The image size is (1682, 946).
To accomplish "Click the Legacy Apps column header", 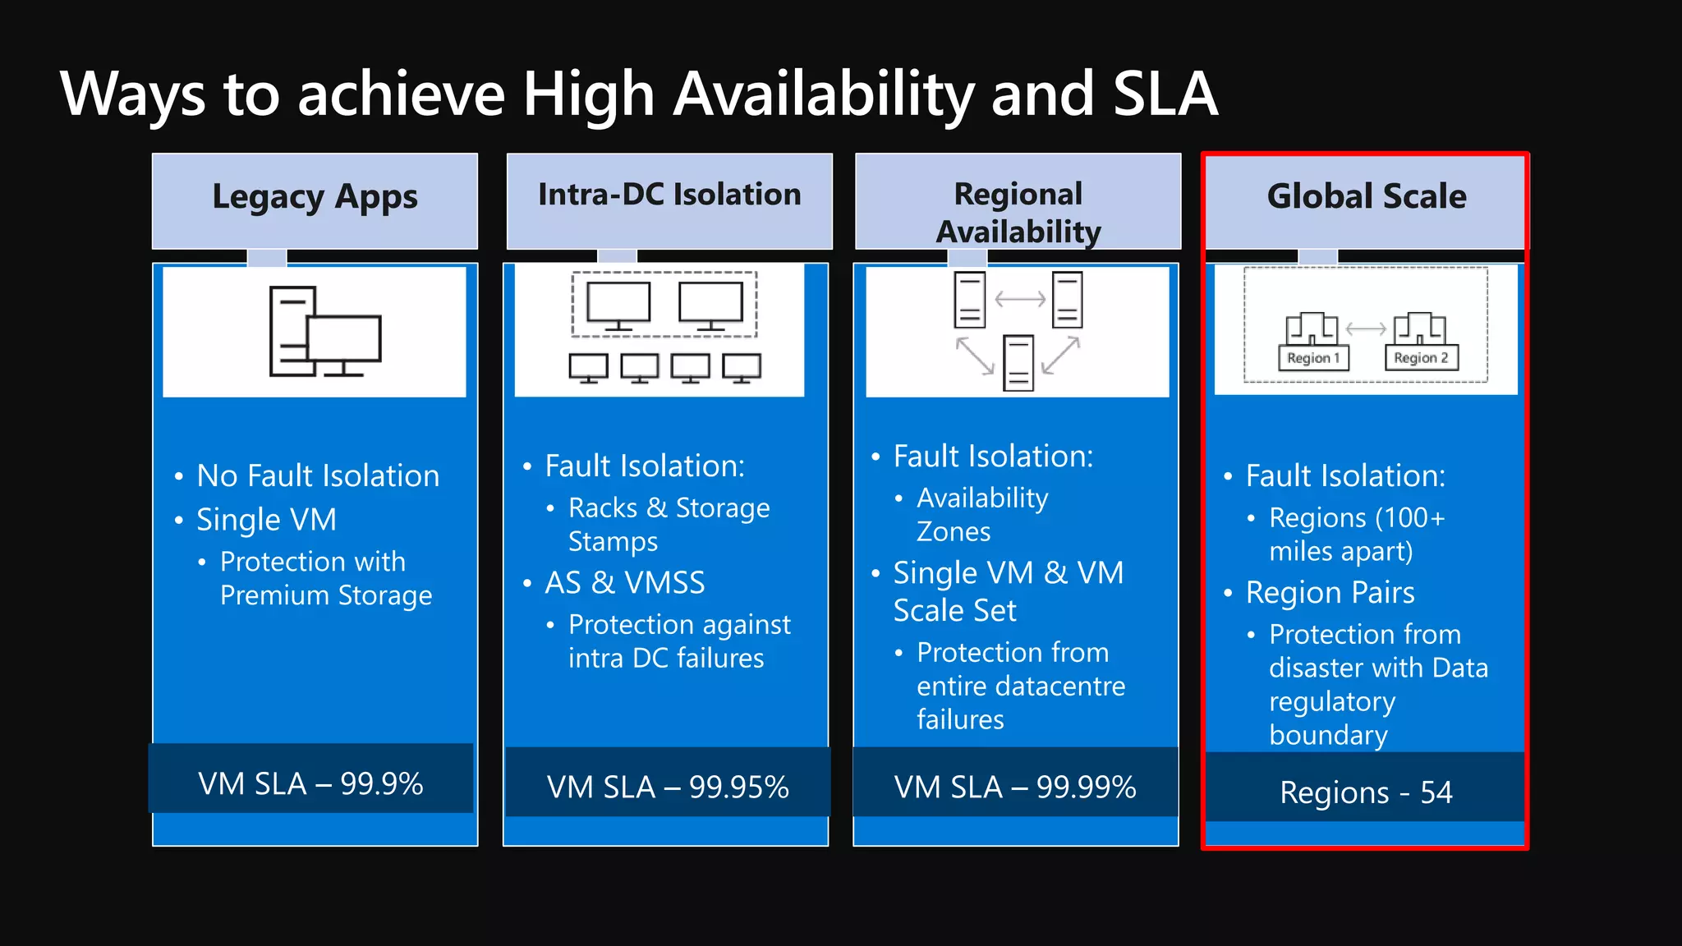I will pyautogui.click(x=315, y=198).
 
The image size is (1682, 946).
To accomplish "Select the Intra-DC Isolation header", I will pyautogui.click(x=669, y=195).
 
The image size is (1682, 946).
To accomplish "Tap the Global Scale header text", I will pyautogui.click(x=1367, y=197).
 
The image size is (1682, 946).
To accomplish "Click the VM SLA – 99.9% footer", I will pyautogui.click(x=310, y=783).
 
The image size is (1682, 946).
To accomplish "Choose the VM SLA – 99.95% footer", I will pyautogui.click(x=668, y=787).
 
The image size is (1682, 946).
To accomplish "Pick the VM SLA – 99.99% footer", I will pyautogui.click(x=1015, y=787).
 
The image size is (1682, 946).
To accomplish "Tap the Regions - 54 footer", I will pyautogui.click(x=1366, y=792).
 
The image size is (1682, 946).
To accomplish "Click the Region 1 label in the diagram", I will pyautogui.click(x=1313, y=358).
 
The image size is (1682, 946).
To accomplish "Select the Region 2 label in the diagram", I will pyautogui.click(x=1421, y=358).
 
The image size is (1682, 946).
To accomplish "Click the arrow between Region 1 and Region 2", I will pyautogui.click(x=1366, y=328).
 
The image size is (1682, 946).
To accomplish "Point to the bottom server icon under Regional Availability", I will pyautogui.click(x=1018, y=362).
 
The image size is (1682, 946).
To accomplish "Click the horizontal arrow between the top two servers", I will pyautogui.click(x=1019, y=300).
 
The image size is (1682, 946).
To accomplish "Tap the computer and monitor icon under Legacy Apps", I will pyautogui.click(x=325, y=332).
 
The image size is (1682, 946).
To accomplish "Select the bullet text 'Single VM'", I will pyautogui.click(x=266, y=520).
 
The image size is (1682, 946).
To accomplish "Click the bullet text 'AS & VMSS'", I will pyautogui.click(x=625, y=583).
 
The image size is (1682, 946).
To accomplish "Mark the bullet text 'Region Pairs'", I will pyautogui.click(x=1330, y=593).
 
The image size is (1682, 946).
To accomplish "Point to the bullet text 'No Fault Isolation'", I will pyautogui.click(x=318, y=476).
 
